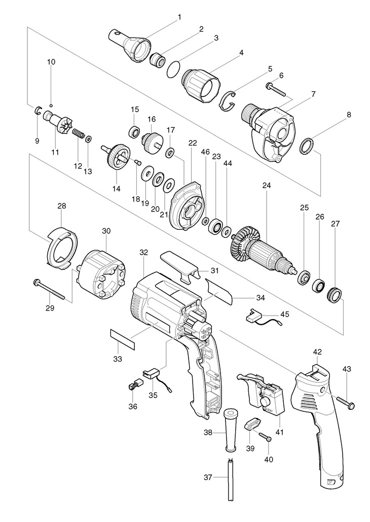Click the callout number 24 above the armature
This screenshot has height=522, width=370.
[x=266, y=186]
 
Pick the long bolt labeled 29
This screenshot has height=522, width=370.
[x=49, y=289]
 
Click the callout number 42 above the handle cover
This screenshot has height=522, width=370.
[x=317, y=352]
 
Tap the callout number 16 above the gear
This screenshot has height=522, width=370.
[x=152, y=119]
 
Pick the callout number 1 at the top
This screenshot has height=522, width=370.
[x=179, y=17]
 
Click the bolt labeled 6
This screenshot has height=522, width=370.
[x=276, y=89]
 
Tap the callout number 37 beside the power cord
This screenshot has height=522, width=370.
[x=208, y=478]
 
